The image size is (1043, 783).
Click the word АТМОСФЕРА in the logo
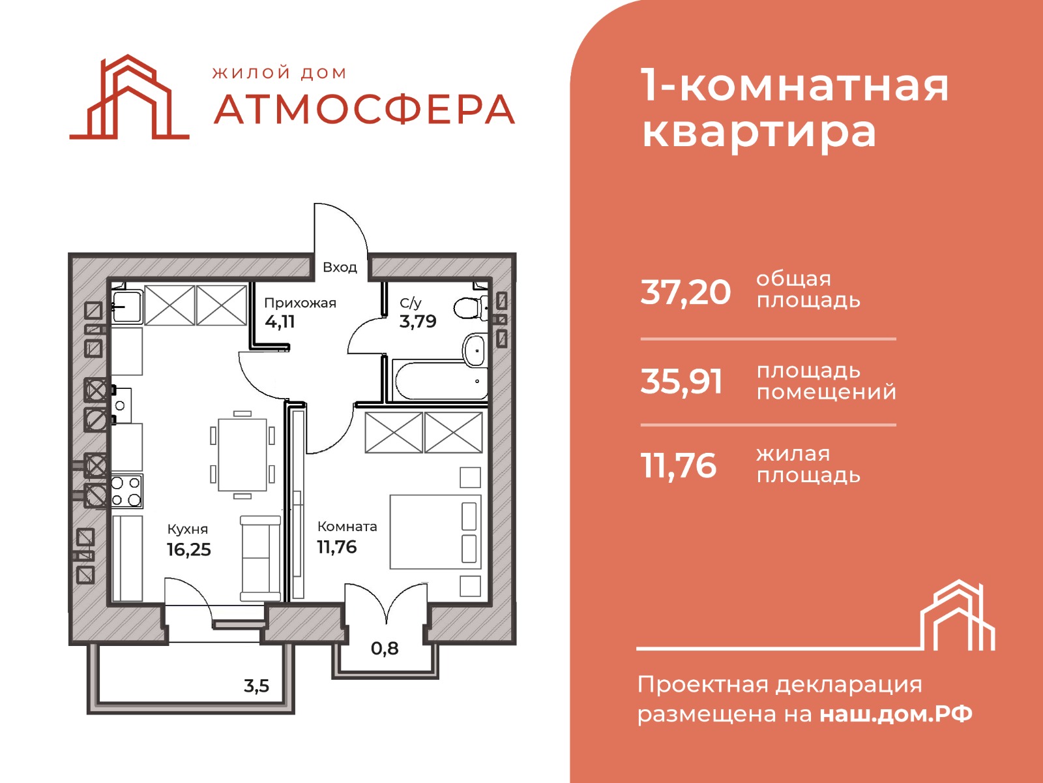(364, 110)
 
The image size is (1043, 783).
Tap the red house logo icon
(129, 97)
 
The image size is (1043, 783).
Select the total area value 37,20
(685, 292)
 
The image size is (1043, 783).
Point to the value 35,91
(681, 382)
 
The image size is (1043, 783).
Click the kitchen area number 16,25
(188, 549)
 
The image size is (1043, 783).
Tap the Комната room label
(347, 527)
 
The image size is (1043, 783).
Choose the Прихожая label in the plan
(300, 303)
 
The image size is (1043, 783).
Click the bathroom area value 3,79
(418, 322)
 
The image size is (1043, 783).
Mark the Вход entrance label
(340, 267)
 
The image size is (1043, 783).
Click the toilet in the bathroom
(470, 307)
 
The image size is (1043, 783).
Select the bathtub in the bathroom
(440, 380)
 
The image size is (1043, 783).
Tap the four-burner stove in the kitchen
(127, 491)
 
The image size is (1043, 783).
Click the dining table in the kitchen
(242, 455)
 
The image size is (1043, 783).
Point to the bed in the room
(435, 532)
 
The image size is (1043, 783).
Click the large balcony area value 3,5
(257, 686)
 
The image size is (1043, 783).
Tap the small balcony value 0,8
(385, 648)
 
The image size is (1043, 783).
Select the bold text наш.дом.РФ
(896, 714)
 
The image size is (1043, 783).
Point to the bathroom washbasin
(474, 350)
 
